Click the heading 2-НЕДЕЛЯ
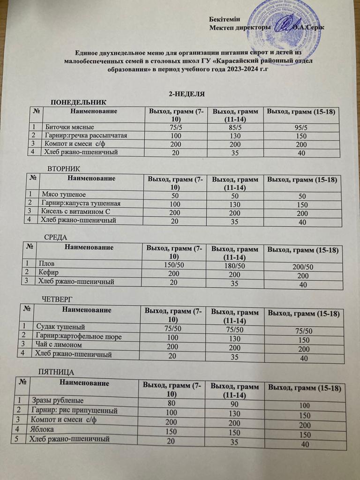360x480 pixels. (186, 94)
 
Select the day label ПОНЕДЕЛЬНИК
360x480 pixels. (78, 102)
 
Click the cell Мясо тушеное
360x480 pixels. (64, 194)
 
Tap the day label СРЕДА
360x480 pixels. (56, 237)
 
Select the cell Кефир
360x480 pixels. (47, 272)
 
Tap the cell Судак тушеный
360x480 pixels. (60, 326)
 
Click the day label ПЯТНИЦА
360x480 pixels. (56, 372)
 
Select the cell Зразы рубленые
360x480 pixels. (58, 401)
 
